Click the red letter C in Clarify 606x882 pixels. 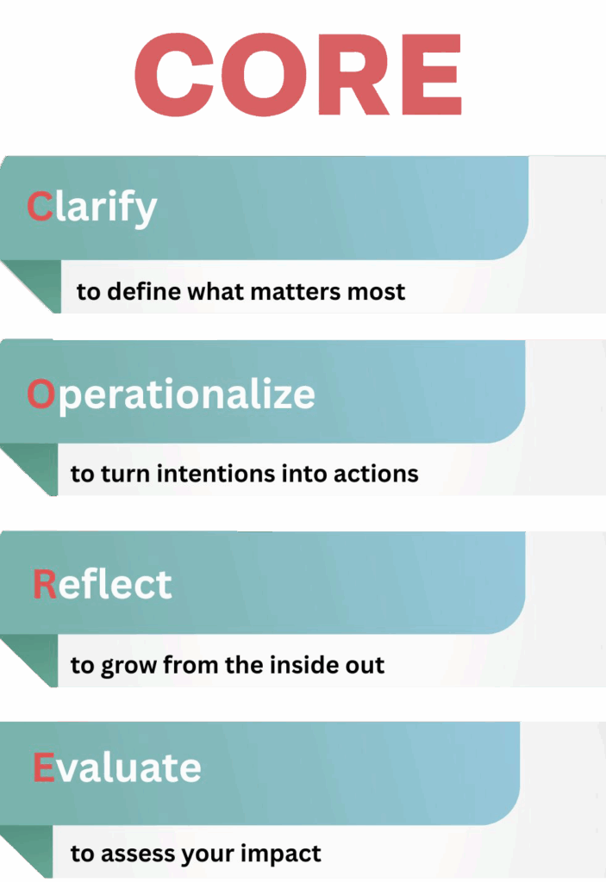pos(40,207)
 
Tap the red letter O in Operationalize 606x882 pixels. pos(41,394)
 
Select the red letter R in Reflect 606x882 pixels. pos(44,584)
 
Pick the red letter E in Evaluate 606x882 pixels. pos(43,767)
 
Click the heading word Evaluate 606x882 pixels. pos(117,767)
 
